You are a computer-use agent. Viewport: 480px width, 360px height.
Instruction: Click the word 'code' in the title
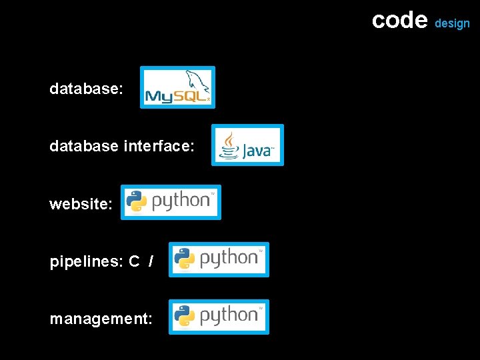[x=399, y=20]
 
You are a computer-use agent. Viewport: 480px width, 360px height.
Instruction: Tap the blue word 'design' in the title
[x=452, y=23]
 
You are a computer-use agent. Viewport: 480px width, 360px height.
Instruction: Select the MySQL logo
[x=177, y=87]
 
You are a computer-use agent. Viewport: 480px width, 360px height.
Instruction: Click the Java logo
[x=247, y=145]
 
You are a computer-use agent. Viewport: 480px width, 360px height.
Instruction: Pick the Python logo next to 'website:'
[x=171, y=202]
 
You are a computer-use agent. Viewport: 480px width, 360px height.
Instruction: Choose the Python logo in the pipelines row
[x=219, y=259]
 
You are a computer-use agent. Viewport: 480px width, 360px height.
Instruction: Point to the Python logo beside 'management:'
[x=219, y=317]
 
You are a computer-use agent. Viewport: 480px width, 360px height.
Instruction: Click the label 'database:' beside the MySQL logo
[x=86, y=88]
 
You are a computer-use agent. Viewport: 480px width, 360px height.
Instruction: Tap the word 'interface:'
[x=159, y=145]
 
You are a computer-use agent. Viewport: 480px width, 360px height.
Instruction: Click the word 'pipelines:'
[x=86, y=261]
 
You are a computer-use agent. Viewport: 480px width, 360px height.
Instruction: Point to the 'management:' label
[x=101, y=319]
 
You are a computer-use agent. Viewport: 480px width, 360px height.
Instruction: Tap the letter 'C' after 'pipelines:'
[x=134, y=261]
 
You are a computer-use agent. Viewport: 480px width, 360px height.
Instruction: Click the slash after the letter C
[x=151, y=261]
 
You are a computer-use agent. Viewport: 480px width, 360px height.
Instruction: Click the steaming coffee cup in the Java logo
[x=229, y=145]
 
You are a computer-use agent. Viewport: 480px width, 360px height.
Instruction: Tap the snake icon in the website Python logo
[x=137, y=201]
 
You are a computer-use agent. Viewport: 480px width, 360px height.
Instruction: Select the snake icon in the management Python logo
[x=184, y=316]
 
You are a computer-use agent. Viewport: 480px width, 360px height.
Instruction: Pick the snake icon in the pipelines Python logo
[x=184, y=259]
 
